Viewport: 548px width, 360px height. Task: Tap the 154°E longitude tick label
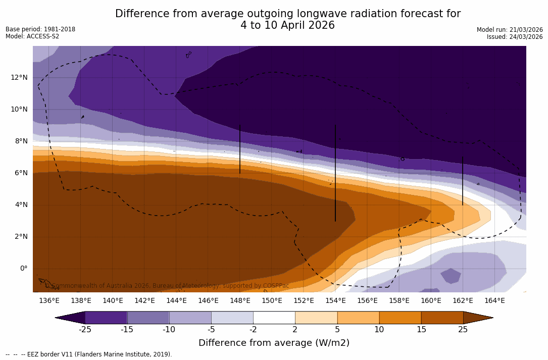tap(335, 300)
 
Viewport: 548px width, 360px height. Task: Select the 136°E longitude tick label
tap(49, 300)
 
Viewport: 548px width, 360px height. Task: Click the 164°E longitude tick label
tap(494, 300)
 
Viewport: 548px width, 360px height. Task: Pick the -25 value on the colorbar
tap(85, 330)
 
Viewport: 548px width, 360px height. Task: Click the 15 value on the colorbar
tap(421, 330)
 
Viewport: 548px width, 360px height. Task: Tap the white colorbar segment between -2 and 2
tap(274, 318)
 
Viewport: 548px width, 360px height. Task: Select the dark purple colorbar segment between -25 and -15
tap(106, 318)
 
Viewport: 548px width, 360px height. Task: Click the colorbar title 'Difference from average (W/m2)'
tap(274, 343)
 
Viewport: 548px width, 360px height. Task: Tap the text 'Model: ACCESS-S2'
tap(32, 36)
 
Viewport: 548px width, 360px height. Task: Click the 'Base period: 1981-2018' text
tap(40, 29)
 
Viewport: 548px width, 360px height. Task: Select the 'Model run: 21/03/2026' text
tap(510, 30)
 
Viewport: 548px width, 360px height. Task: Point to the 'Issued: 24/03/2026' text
tap(515, 37)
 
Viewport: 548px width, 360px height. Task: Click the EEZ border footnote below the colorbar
tap(89, 354)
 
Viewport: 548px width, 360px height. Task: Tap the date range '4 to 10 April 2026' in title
tap(287, 25)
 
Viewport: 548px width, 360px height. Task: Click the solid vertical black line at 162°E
tap(463, 180)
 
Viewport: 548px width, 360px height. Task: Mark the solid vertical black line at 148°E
tap(240, 149)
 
